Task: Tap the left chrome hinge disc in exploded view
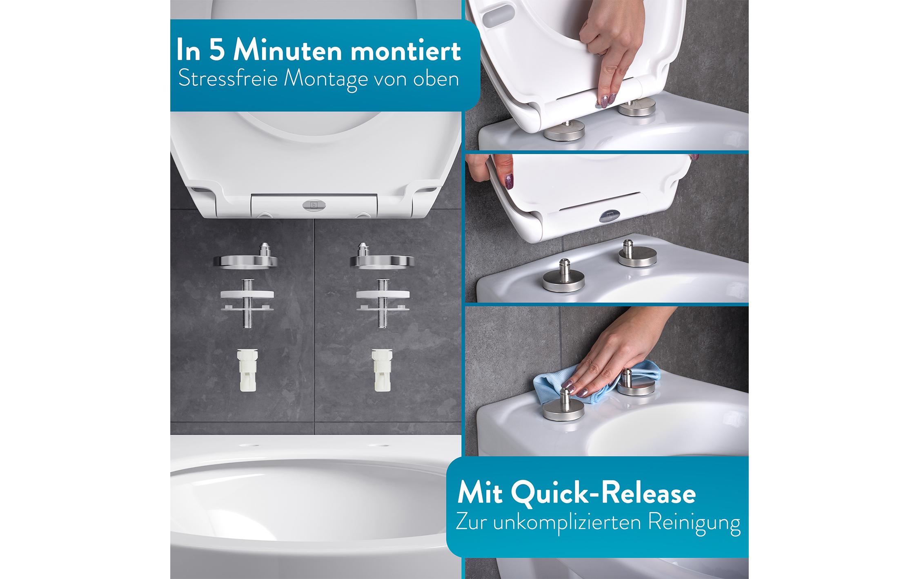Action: click(x=247, y=261)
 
